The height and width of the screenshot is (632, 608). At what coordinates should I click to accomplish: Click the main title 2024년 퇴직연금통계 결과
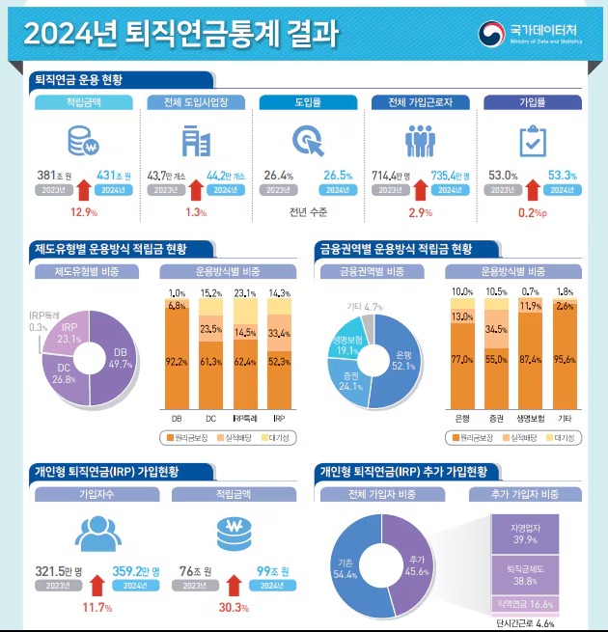tap(180, 34)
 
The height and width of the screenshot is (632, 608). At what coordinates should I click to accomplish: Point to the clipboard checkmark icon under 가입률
tap(532, 142)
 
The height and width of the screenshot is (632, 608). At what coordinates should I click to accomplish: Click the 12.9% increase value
tap(85, 211)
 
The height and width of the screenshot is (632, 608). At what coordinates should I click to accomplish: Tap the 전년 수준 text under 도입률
tap(308, 211)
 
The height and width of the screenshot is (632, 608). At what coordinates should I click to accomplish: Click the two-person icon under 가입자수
tap(96, 534)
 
